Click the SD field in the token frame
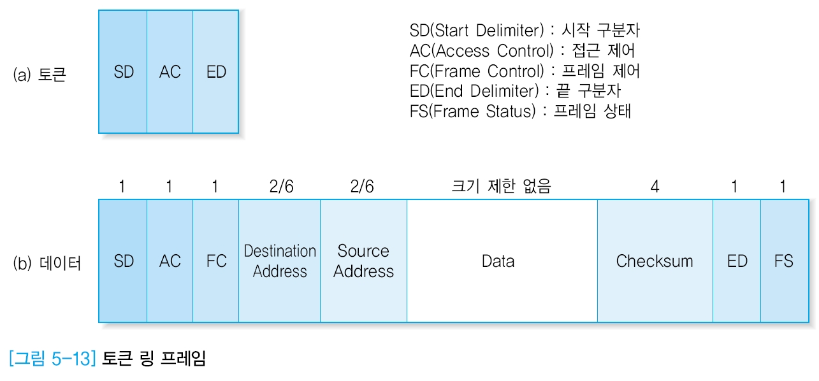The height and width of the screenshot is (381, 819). [x=123, y=72]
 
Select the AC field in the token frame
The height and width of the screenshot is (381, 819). [x=170, y=72]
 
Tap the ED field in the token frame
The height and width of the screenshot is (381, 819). [x=216, y=72]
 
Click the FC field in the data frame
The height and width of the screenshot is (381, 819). [x=216, y=261]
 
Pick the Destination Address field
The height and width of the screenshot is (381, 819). [x=280, y=261]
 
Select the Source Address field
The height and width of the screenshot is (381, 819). [x=363, y=261]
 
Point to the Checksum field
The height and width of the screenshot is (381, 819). [x=655, y=261]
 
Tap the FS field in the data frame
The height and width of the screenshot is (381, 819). [x=783, y=261]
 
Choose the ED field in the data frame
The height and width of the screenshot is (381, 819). [x=737, y=261]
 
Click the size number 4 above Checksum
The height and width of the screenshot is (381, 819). [x=655, y=187]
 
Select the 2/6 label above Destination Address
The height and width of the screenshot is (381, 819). [x=280, y=187]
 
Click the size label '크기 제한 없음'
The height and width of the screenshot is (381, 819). [x=501, y=187]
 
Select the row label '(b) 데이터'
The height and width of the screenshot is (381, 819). [x=47, y=263]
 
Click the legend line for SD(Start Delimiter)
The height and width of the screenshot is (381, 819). [x=528, y=30]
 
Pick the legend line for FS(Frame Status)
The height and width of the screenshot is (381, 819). [x=520, y=111]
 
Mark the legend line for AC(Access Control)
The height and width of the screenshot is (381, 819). [x=522, y=50]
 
